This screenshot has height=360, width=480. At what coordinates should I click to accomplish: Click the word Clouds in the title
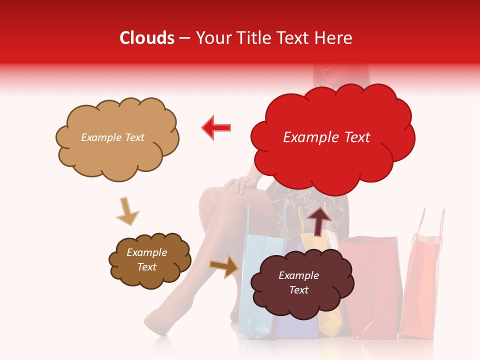147,38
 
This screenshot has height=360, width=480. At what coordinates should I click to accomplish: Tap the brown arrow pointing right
224,266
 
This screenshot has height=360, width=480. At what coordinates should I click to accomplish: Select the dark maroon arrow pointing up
319,220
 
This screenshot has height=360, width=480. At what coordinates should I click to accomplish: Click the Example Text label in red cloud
326,137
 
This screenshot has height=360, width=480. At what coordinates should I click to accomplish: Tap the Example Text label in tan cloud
112,137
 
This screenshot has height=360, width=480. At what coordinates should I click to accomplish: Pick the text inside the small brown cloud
146,260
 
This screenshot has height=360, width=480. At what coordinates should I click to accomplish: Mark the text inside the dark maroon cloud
298,282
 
